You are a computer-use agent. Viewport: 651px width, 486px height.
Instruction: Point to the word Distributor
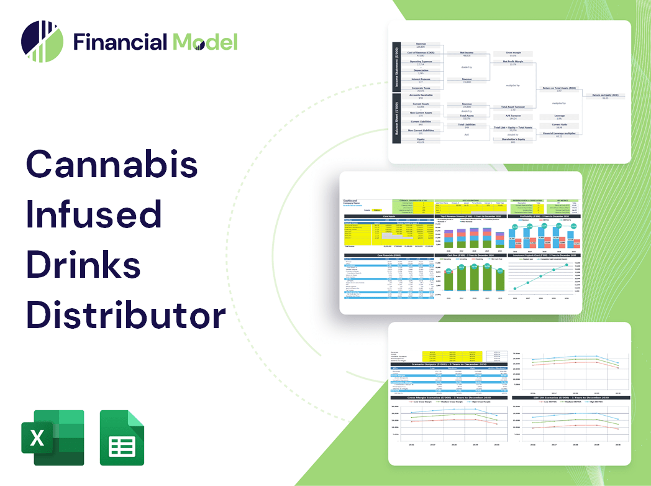pyautogui.click(x=125, y=316)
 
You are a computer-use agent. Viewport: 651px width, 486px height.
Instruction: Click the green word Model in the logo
pyautogui.click(x=205, y=42)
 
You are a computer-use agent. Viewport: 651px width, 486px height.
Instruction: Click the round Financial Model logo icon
pyautogui.click(x=42, y=42)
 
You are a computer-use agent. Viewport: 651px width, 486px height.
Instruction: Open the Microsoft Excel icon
pyautogui.click(x=52, y=438)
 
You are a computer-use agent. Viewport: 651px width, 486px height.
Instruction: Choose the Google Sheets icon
pyautogui.click(x=122, y=438)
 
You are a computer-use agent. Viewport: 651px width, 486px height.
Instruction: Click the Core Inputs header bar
pyautogui.click(x=389, y=216)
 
